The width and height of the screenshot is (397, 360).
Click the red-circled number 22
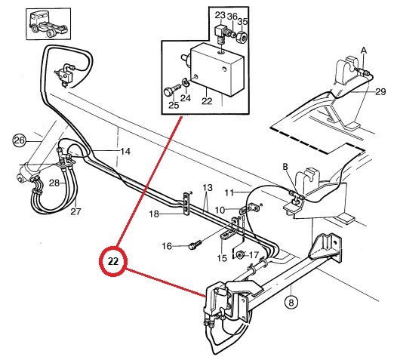113,261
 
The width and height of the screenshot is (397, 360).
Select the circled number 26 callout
19,140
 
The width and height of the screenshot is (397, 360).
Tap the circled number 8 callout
291,302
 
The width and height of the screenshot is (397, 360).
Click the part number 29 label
380,91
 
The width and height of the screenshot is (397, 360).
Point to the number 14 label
125,152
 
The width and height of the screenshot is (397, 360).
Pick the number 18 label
154,214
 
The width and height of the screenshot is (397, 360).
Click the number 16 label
167,246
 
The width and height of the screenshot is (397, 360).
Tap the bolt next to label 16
195,245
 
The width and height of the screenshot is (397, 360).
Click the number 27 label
75,211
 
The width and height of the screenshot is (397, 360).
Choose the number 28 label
54,183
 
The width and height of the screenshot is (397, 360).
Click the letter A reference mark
364,51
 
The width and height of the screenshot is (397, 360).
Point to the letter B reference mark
285,167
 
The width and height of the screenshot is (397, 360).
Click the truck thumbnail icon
48,24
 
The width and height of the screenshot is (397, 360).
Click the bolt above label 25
171,90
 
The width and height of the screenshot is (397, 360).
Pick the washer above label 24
185,83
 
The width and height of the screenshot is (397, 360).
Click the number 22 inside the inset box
207,101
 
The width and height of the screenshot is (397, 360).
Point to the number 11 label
229,192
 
